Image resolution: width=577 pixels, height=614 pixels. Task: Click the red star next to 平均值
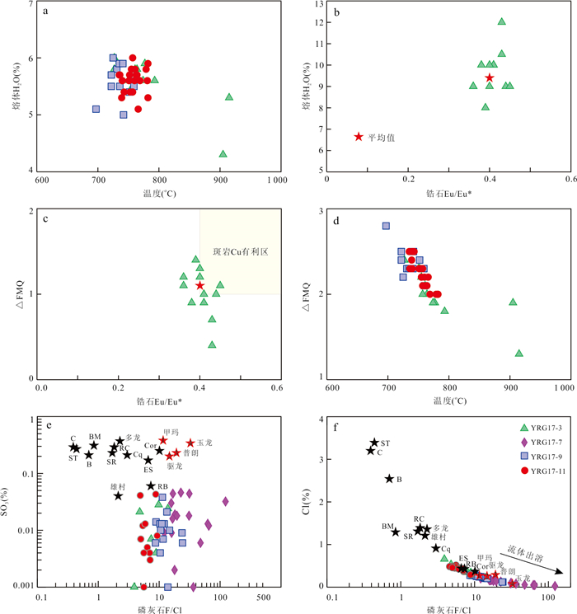[x=359, y=136]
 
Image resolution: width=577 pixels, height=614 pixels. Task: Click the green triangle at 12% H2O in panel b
[x=501, y=21]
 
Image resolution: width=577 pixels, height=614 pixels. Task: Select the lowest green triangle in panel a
[x=223, y=153]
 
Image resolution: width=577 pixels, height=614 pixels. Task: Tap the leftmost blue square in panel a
[x=96, y=109]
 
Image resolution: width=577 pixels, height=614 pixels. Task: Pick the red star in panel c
[x=199, y=285]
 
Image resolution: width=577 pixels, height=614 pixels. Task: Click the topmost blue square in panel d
[x=386, y=226]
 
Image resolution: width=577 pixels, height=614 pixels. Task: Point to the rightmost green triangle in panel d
[x=519, y=353]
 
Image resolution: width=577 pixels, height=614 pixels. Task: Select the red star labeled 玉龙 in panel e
[x=190, y=443]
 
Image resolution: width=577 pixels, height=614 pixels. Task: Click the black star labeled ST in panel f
[x=374, y=443]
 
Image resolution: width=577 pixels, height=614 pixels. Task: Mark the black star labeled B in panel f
[x=389, y=479]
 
